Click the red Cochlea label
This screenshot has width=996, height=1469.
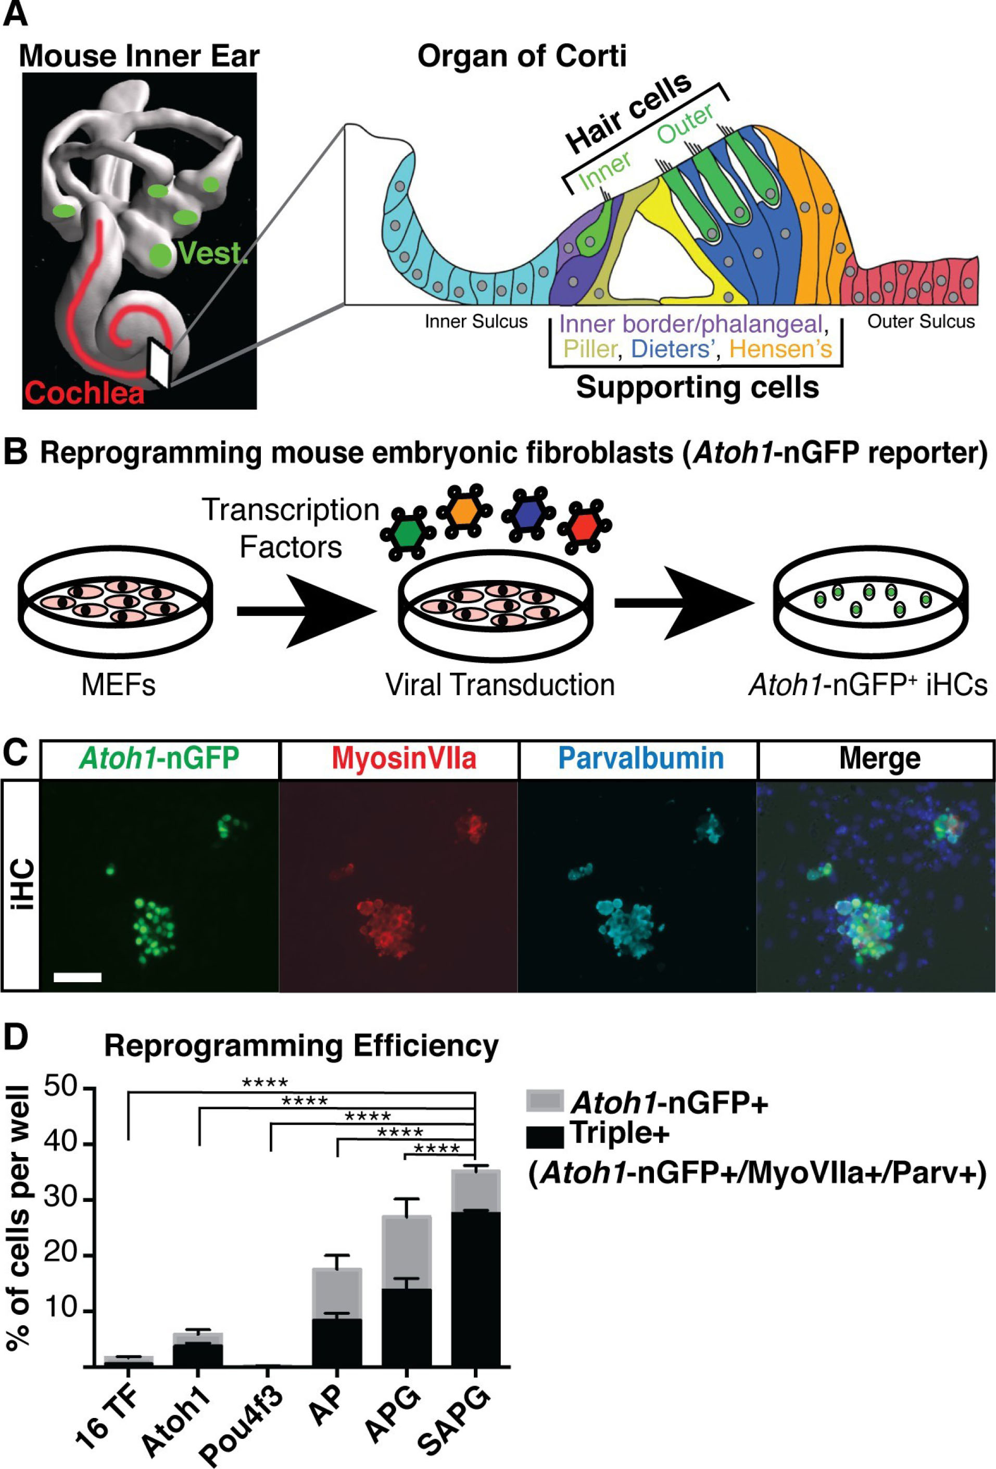click(84, 393)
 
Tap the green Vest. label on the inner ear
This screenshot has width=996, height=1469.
click(212, 253)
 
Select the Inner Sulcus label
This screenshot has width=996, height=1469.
click(476, 322)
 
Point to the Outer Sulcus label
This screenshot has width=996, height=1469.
click(921, 322)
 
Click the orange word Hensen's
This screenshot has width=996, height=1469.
click(780, 349)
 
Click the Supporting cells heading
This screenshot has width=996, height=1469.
click(697, 387)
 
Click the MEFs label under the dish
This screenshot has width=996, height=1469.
click(118, 685)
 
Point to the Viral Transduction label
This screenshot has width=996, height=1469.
click(500, 685)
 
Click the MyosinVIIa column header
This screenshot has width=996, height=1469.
click(404, 759)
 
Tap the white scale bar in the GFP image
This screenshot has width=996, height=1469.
click(78, 977)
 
